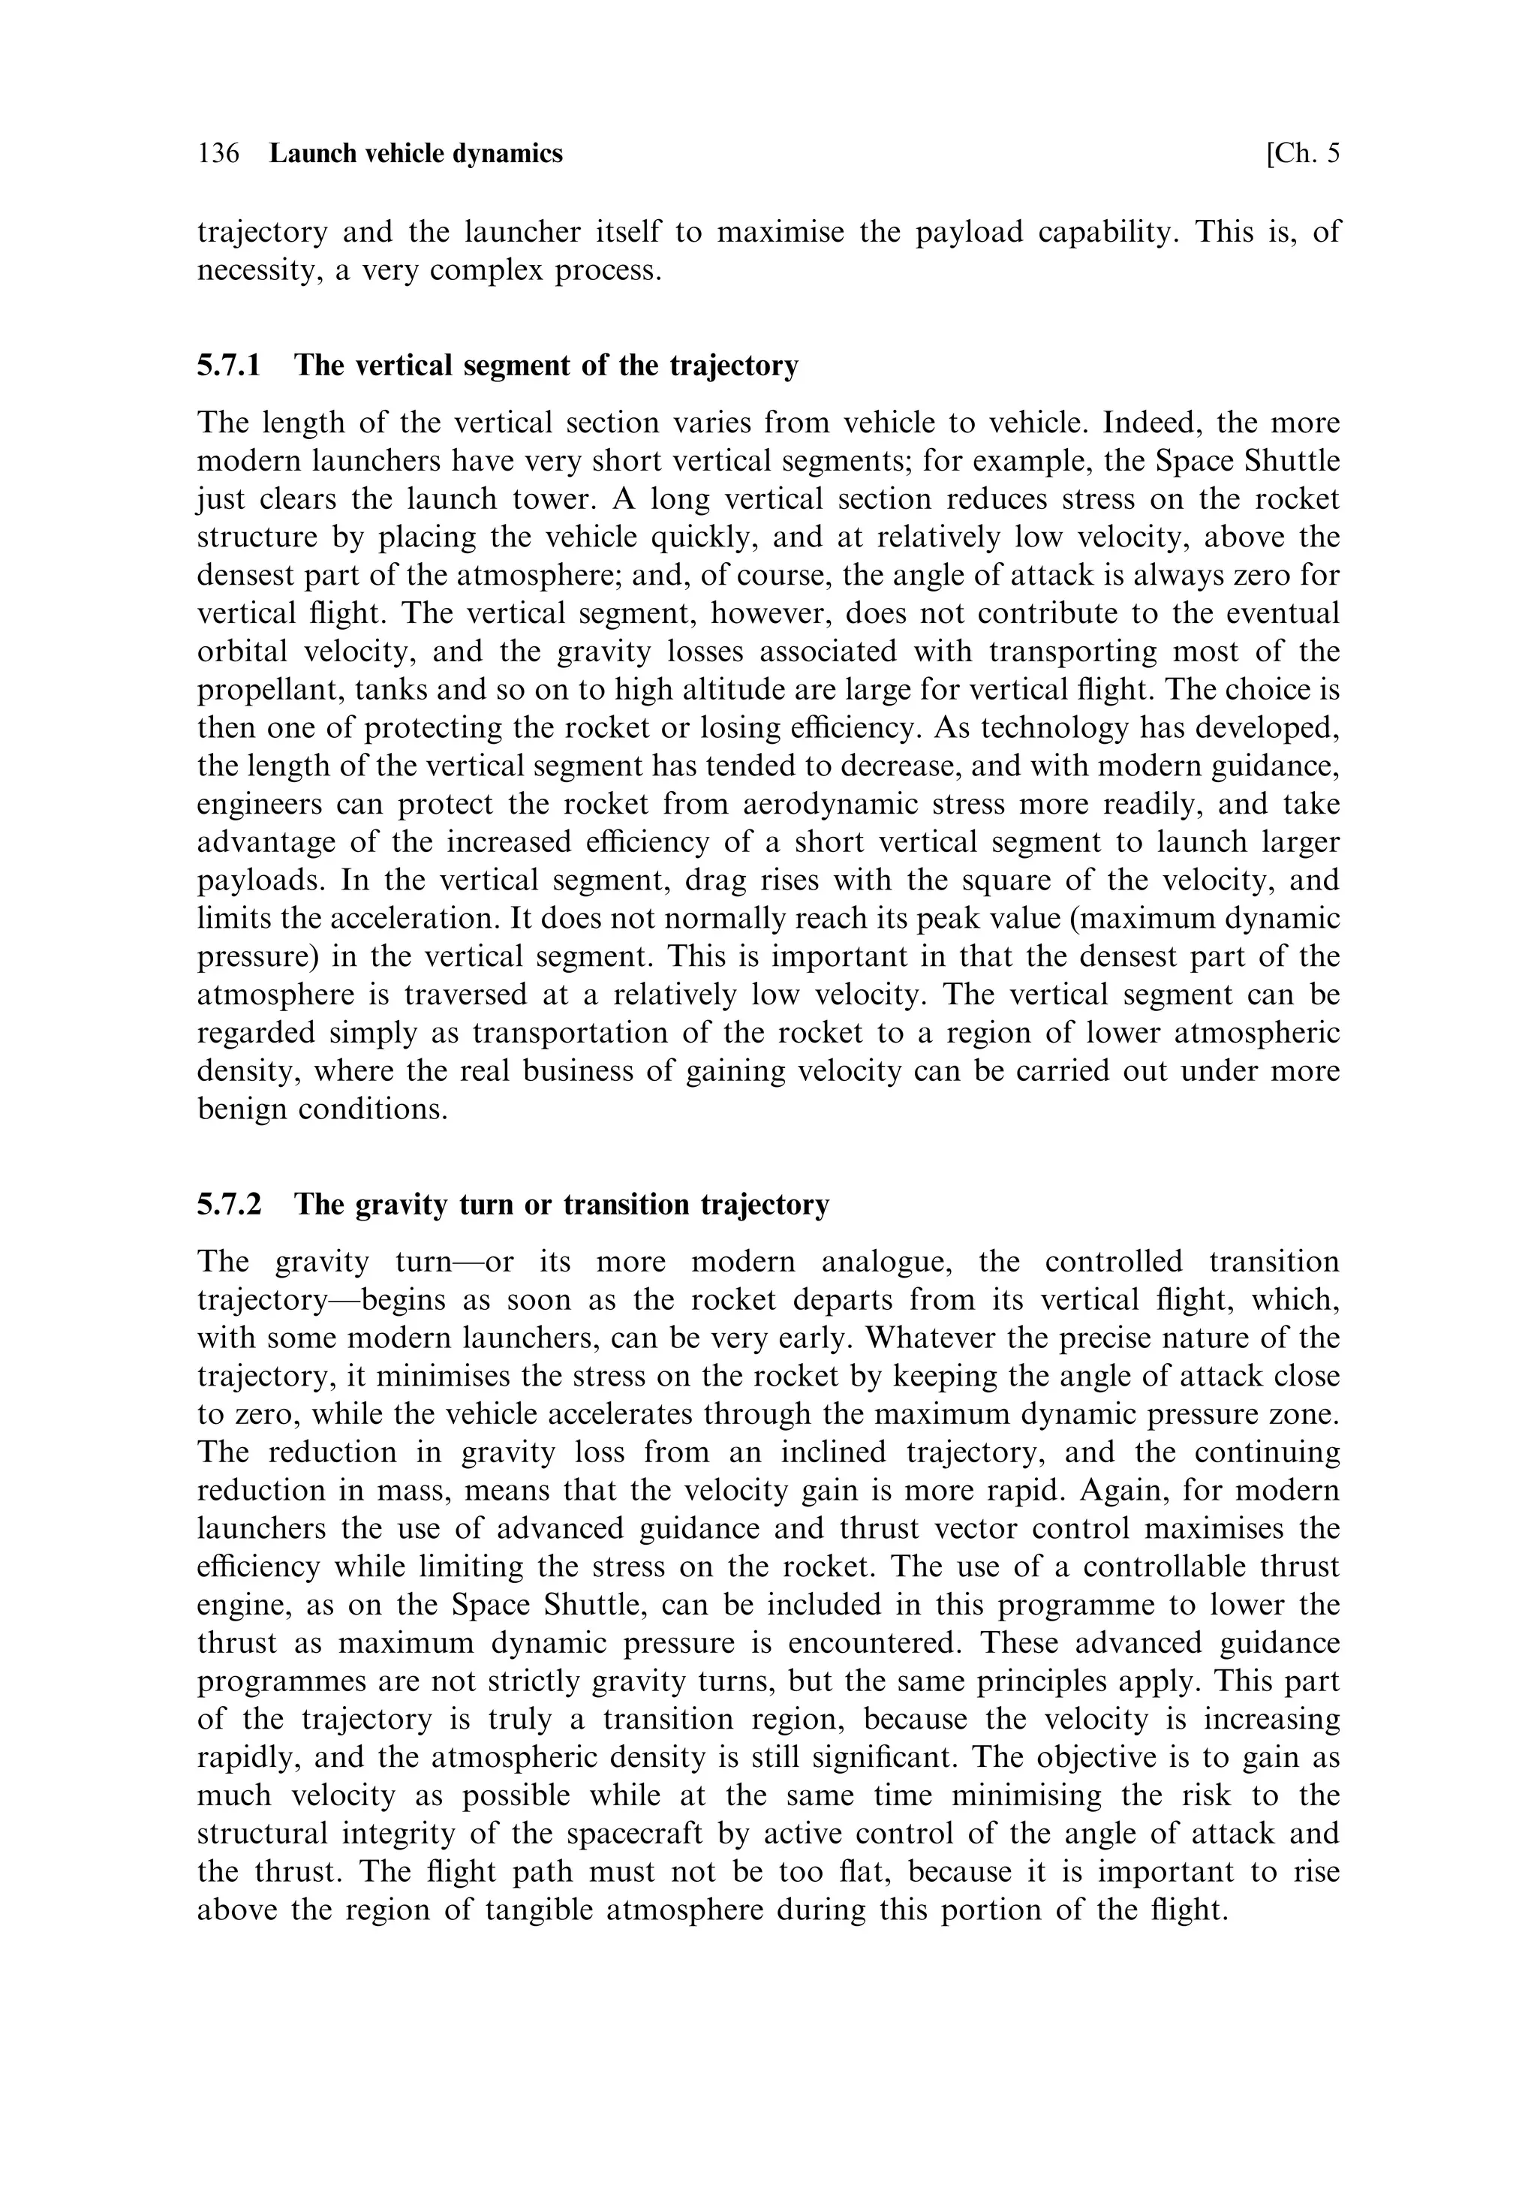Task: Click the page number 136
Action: tap(218, 153)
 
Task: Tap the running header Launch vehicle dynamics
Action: tap(416, 153)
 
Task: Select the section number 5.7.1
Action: tap(229, 365)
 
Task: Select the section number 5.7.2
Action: tap(229, 1205)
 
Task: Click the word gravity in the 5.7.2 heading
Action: tap(404, 1205)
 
